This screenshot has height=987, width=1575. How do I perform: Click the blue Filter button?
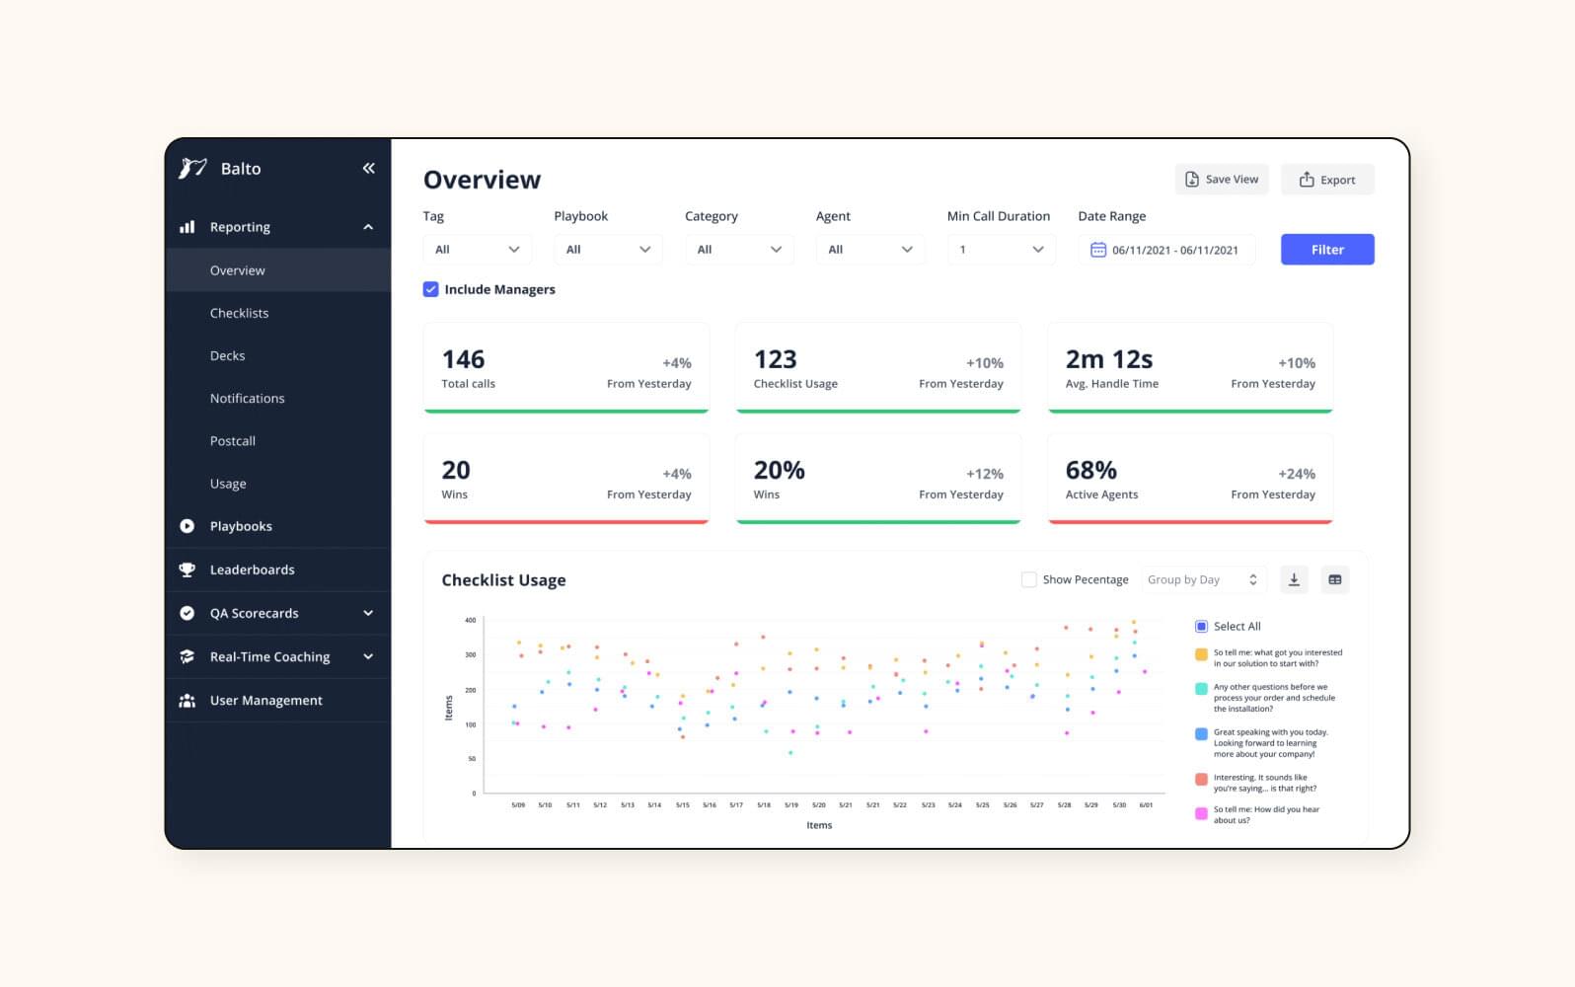1326,250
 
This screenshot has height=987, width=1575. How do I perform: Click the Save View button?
1222,180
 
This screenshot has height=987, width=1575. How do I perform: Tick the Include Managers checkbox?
431,289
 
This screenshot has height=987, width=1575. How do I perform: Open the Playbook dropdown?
607,250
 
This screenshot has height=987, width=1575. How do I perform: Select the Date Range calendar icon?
1097,250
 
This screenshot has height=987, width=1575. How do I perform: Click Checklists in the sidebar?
239,313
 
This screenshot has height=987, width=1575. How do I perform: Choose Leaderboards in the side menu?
252,569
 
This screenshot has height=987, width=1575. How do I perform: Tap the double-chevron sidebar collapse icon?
368,169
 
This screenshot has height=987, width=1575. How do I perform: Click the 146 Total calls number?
463,359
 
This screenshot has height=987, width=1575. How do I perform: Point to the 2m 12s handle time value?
1108,359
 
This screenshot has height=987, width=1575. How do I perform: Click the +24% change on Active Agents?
1296,474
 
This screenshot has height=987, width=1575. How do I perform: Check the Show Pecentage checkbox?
1028,579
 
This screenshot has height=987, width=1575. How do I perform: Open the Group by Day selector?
1202,579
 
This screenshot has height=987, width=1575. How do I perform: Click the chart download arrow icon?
1293,579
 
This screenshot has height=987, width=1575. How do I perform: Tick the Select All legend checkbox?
1201,627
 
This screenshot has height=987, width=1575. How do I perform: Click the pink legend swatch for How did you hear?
1201,814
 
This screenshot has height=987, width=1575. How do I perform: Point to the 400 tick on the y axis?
470,621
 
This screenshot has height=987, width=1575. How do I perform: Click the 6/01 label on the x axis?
1146,805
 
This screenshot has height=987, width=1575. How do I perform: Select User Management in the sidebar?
265,701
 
